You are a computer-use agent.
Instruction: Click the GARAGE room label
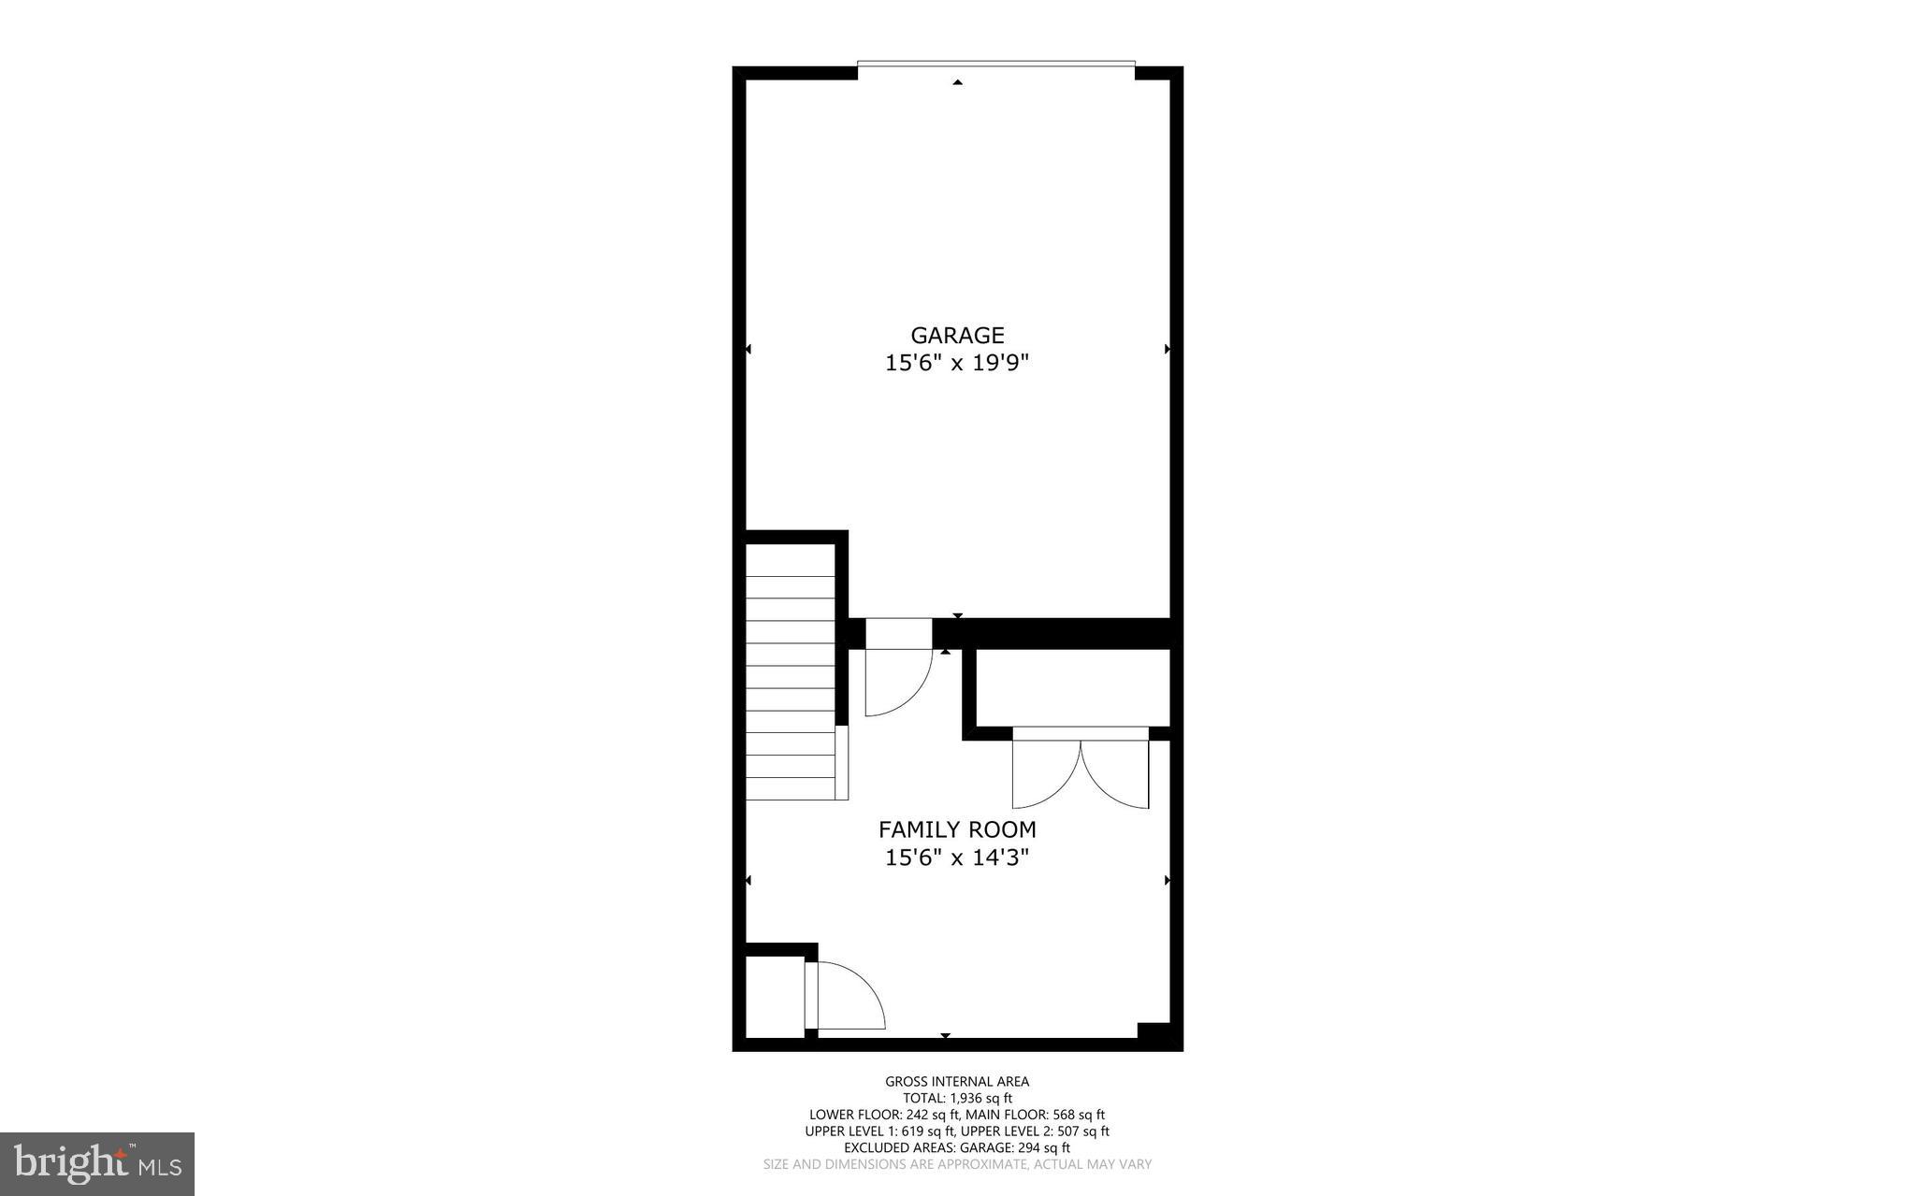click(957, 335)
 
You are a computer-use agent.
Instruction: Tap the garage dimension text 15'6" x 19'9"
click(957, 363)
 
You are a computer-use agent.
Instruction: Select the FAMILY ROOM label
click(957, 829)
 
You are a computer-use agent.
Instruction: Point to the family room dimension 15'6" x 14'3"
click(957, 857)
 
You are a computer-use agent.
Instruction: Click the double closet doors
click(1081, 771)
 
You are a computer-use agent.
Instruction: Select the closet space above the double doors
click(1072, 687)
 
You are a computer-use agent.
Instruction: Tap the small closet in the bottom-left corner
click(775, 995)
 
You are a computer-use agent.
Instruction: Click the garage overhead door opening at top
click(996, 65)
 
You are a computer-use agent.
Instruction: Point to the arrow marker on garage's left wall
click(748, 349)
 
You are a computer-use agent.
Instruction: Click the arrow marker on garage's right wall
click(1167, 349)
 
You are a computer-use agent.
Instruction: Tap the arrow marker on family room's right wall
click(1167, 880)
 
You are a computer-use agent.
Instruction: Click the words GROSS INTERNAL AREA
click(957, 1082)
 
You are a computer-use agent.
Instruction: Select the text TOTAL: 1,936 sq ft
click(957, 1099)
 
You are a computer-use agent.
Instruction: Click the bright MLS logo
click(96, 1163)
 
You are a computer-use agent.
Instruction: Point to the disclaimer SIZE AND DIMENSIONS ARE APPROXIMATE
click(895, 1164)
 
